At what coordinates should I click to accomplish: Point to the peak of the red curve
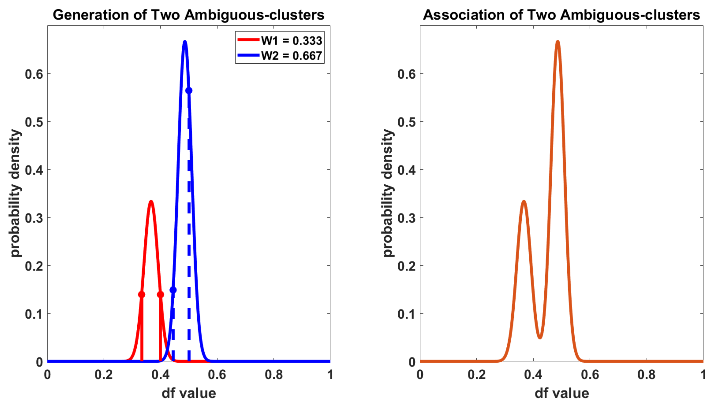point(151,202)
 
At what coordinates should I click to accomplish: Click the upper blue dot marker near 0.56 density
point(189,91)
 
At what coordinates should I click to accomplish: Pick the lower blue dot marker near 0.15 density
point(173,290)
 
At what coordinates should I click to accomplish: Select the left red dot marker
point(142,295)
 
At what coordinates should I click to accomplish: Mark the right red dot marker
point(160,295)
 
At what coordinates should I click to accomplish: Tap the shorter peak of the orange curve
point(524,202)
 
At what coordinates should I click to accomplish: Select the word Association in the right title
point(463,15)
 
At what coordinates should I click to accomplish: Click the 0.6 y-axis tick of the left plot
point(34,74)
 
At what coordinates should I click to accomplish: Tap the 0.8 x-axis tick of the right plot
point(646,374)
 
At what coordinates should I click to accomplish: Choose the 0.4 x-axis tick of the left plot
point(160,374)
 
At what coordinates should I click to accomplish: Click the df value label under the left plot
point(189,394)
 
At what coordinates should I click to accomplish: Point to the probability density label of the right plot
point(388,193)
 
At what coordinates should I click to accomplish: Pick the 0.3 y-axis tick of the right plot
point(407,218)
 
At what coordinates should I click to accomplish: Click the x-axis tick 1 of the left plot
point(330,374)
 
